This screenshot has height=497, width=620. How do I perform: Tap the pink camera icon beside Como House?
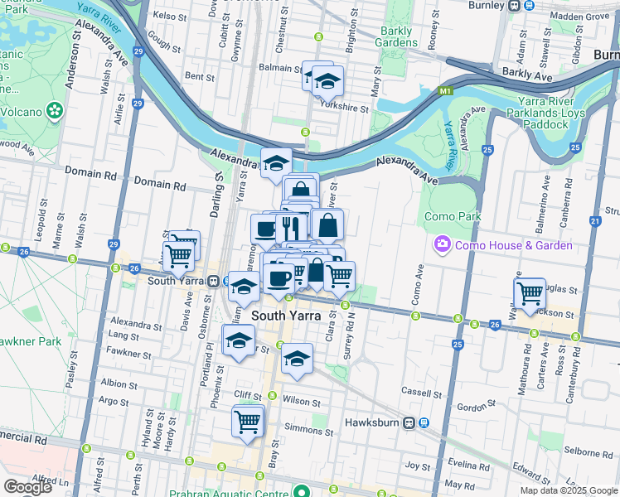pos(442,244)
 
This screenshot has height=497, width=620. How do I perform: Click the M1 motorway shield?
pos(446,91)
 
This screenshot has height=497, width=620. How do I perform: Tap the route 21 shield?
pos(595,221)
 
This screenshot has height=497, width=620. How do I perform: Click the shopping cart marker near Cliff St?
pos(248,421)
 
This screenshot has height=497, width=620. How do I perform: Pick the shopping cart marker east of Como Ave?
pos(530,292)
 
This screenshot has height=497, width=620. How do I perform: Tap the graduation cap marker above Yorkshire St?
pos(328,82)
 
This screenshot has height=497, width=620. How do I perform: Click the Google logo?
pos(28,486)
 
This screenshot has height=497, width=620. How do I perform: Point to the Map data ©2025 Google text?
pos(569,490)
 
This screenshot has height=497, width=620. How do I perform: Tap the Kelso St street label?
pos(167,16)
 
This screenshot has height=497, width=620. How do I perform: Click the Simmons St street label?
pos(303,429)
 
